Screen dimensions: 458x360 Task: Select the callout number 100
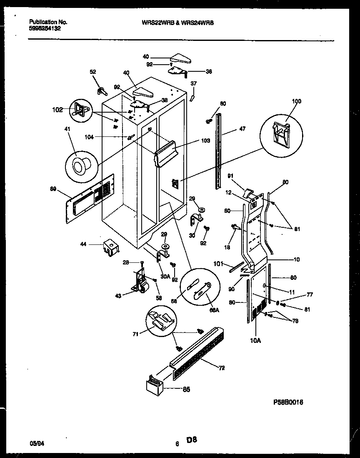coord(296,101)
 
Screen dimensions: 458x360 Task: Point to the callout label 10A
coord(255,341)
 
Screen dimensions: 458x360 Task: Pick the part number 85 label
coord(186,390)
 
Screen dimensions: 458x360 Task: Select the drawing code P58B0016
coord(288,402)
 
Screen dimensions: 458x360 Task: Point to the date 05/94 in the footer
coord(36,444)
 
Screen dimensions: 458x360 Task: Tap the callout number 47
coord(242,129)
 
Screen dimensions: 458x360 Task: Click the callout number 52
coord(92,71)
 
